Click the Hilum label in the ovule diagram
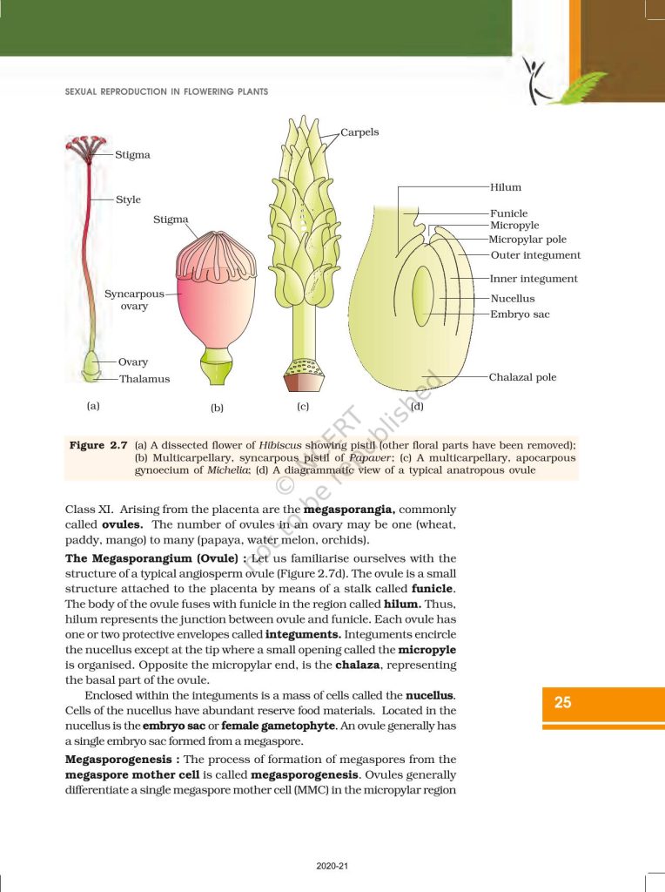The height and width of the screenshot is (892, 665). pyautogui.click(x=505, y=187)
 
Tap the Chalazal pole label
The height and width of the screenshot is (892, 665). pyautogui.click(x=522, y=377)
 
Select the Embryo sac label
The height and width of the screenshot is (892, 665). pyautogui.click(x=520, y=314)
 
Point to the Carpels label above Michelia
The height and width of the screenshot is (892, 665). pyautogui.click(x=359, y=132)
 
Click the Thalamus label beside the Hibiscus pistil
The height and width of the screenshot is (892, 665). pyautogui.click(x=144, y=379)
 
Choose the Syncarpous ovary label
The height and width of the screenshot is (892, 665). pyautogui.click(x=134, y=300)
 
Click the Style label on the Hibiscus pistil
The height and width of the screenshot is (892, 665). pyautogui.click(x=128, y=199)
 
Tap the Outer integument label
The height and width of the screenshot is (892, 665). pyautogui.click(x=535, y=255)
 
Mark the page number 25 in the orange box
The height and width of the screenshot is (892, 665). pyautogui.click(x=563, y=702)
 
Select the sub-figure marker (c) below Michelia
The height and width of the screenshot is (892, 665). pyautogui.click(x=303, y=405)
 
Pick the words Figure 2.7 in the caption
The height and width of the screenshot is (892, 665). pyautogui.click(x=98, y=445)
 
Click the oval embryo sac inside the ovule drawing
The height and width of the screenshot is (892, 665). pyautogui.click(x=422, y=296)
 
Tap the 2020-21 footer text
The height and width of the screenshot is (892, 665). pyautogui.click(x=332, y=866)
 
